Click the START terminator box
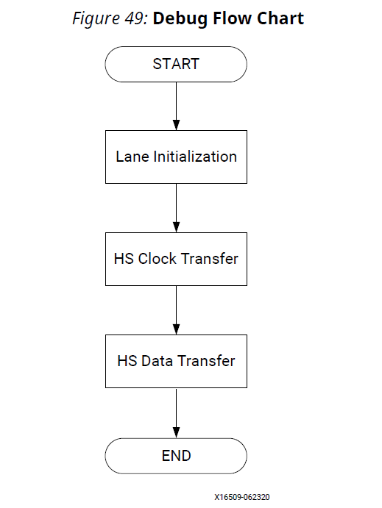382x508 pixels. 176,64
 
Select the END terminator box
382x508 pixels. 176,456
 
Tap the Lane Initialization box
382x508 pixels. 176,157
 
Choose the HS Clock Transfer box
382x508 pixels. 176,259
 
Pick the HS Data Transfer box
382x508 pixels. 176,361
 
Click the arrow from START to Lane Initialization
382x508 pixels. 177,106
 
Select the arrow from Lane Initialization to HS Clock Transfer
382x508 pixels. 177,208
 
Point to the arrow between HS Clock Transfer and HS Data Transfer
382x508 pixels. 177,310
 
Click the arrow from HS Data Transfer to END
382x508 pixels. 177,412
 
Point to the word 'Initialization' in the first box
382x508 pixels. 195,157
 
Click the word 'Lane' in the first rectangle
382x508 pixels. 132,157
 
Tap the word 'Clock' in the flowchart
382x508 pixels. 158,259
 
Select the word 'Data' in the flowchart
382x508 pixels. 156,361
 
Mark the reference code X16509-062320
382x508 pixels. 242,497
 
